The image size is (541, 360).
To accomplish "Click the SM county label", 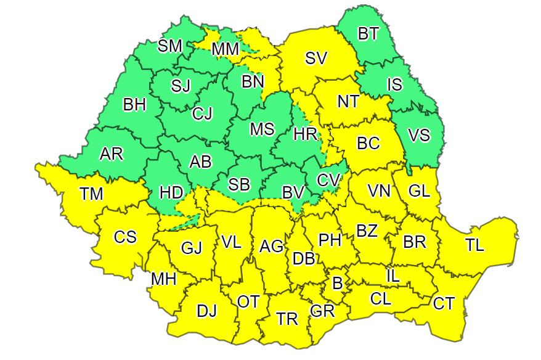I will point(170,45).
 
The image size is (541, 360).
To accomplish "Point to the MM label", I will point(225,49).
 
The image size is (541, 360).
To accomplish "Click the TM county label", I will point(91,194).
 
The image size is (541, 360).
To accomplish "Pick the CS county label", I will point(125,236).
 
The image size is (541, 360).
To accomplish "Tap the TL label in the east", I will point(474,245).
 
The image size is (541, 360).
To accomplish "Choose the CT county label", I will point(444,303).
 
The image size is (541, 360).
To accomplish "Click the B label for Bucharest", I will point(336,283).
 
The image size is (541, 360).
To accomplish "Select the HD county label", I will point(171,192).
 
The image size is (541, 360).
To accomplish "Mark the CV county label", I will point(328,180).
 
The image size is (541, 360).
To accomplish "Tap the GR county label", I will point(322,311).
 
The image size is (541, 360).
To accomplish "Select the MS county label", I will point(262,129).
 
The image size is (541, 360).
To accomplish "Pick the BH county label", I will point(134,105).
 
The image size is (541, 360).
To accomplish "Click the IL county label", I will point(393,276).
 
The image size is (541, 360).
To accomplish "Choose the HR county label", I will point(305,133).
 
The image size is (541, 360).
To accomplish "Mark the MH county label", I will point(164,279).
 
